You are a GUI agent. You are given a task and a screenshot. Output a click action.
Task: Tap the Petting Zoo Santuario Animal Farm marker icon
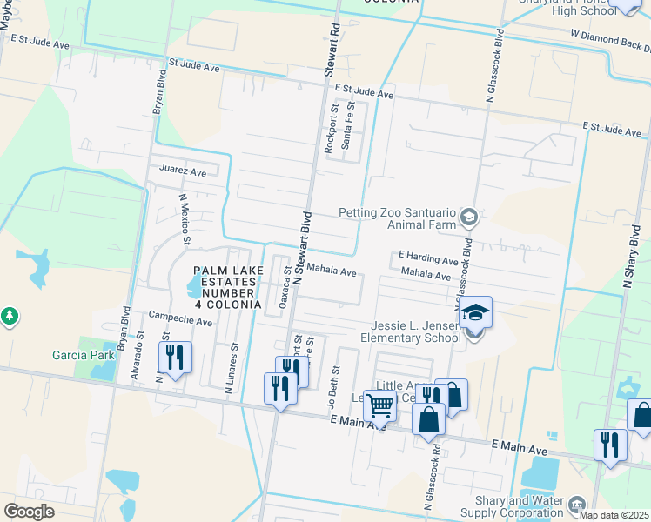469,216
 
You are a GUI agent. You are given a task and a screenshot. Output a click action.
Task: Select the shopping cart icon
379,405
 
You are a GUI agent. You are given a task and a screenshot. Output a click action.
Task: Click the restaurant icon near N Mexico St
174,358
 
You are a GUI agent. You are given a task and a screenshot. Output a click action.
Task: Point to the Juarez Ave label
182,171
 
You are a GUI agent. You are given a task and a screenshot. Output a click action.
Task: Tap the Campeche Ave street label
180,320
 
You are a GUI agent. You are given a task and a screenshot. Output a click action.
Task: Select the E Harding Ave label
428,259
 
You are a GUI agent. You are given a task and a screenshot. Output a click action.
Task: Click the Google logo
29,511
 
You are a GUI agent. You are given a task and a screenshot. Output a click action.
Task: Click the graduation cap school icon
476,312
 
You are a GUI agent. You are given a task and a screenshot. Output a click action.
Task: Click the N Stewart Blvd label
301,248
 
